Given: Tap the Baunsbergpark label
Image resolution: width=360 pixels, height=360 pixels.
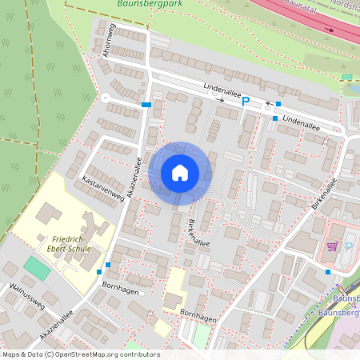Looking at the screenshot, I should click(x=150, y=3).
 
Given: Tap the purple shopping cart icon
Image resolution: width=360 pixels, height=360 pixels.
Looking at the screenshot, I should click(x=332, y=246).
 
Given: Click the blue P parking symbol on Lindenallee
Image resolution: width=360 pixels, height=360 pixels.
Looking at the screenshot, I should click(x=246, y=102).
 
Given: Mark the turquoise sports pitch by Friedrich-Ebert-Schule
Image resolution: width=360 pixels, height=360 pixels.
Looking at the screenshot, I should click(x=35, y=268).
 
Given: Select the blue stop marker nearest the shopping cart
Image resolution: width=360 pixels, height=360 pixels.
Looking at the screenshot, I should click(x=327, y=271).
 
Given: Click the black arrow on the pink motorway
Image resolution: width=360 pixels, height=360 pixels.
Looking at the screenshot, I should click(x=330, y=30).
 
